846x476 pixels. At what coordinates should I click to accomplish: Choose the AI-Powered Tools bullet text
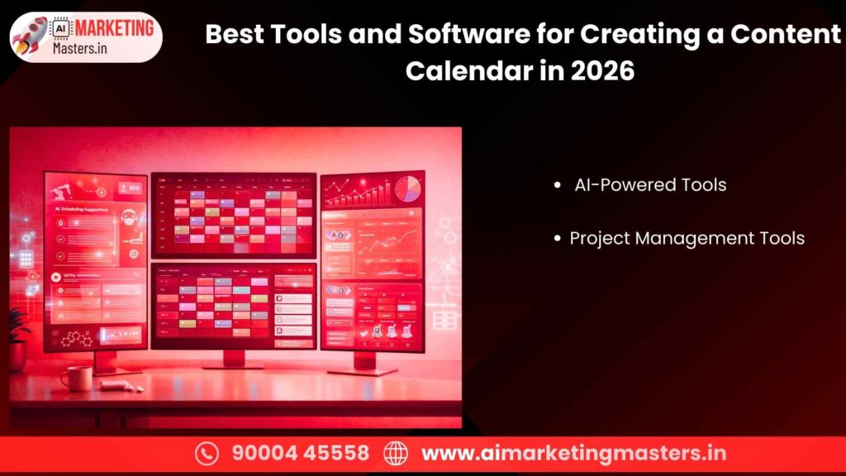[650, 185]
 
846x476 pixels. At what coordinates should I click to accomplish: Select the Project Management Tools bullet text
[687, 238]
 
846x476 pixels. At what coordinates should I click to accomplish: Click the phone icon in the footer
[207, 453]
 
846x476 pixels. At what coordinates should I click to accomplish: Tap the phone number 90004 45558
[300, 453]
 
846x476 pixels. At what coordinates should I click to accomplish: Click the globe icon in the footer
[397, 453]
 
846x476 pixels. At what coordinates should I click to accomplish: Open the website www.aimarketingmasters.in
[573, 453]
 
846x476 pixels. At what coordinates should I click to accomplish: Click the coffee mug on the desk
[77, 378]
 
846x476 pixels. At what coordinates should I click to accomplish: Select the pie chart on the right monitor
[407, 189]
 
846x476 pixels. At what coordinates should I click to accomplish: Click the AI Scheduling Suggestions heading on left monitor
[85, 210]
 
